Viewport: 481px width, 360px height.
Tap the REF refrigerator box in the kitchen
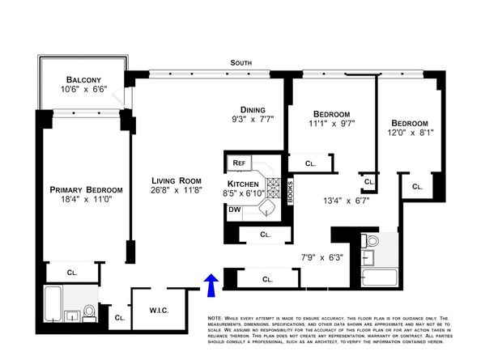point(239,163)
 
